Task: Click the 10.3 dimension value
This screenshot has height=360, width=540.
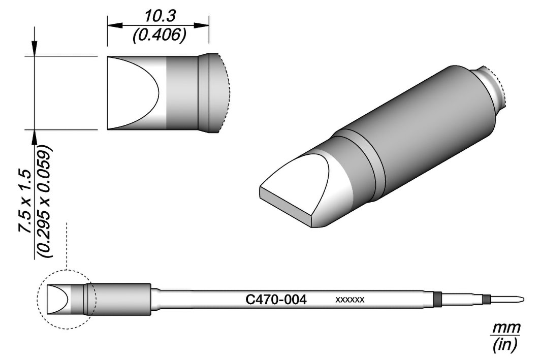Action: (160, 16)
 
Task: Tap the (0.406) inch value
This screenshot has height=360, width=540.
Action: (160, 35)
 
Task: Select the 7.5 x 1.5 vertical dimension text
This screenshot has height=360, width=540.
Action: (26, 202)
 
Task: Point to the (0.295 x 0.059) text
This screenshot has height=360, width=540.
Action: (45, 202)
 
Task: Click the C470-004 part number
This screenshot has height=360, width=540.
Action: (276, 300)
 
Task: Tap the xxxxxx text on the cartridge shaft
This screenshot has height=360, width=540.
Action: (350, 300)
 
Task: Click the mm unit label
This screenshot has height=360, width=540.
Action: (505, 327)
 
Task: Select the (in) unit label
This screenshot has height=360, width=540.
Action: (505, 344)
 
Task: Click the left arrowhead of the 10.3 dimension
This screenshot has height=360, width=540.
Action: (115, 25)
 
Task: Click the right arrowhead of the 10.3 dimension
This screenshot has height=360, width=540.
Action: (201, 25)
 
